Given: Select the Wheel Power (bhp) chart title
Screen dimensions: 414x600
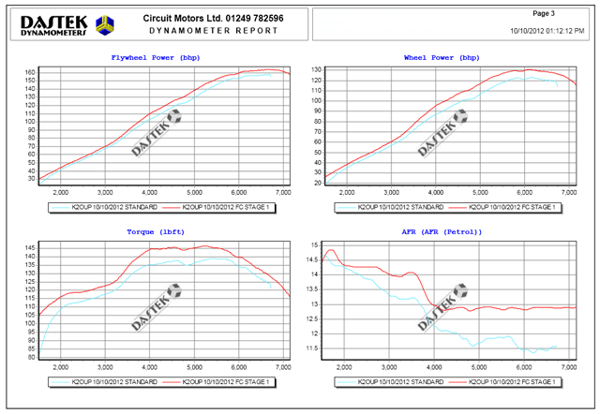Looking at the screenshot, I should tap(442, 58).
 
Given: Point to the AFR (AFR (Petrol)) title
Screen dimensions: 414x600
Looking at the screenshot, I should tap(442, 230).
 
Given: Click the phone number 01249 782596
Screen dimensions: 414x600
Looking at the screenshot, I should tap(250, 18).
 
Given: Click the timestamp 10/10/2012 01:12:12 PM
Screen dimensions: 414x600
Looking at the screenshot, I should tap(547, 31).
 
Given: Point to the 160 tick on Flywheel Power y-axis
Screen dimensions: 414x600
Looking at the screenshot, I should tap(30, 72).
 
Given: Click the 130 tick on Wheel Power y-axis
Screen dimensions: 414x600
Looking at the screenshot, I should tap(316, 70).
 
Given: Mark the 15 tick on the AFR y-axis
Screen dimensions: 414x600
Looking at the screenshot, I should tap(316, 244).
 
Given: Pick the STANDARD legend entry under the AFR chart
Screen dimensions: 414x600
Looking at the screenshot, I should tap(390, 383).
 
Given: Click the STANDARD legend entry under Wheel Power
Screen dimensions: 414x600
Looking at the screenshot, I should tap(390, 206).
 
